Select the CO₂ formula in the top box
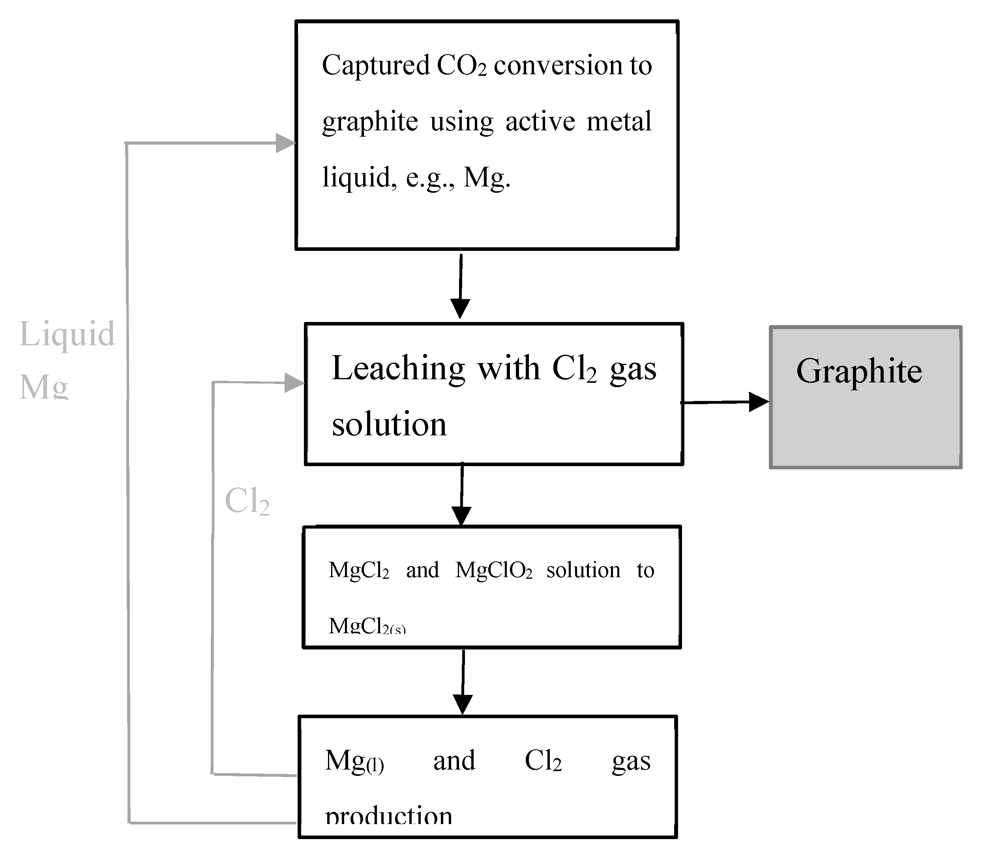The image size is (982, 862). click(x=461, y=66)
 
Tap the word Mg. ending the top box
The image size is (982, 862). click(x=486, y=178)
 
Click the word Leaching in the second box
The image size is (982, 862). click(x=398, y=369)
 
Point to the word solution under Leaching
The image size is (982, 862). click(x=389, y=425)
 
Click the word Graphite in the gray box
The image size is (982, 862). click(x=859, y=372)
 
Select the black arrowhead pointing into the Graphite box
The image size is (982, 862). click(x=759, y=402)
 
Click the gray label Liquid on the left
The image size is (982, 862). click(x=67, y=334)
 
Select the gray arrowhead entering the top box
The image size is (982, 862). click(x=285, y=143)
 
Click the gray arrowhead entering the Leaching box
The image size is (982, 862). click(x=294, y=383)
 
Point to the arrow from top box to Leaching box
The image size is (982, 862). click(x=460, y=286)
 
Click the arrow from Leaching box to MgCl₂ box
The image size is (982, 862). click(x=462, y=495)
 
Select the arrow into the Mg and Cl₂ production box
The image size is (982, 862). click(x=463, y=683)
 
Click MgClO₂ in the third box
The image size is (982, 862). click(x=493, y=571)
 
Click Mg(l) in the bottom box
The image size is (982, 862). click(x=354, y=762)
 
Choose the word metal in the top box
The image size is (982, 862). click(x=619, y=121)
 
